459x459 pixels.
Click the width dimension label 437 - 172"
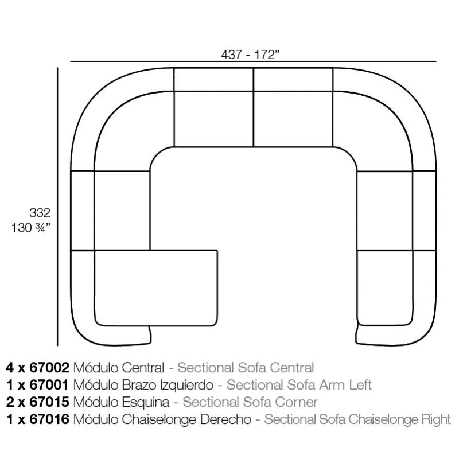(250, 55)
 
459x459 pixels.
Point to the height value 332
(40, 213)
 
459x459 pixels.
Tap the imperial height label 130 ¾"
(31, 228)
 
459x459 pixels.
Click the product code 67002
(49, 368)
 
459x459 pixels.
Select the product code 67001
(49, 385)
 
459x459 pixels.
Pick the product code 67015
(49, 402)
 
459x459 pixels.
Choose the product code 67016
(49, 419)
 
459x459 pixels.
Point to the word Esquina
(146, 403)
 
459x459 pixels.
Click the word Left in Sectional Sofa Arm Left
(361, 385)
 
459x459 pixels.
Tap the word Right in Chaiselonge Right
(436, 420)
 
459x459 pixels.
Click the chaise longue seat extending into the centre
(155, 288)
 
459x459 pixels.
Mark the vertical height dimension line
(58, 207)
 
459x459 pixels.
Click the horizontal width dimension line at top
(253, 61)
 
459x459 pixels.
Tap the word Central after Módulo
(143, 368)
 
